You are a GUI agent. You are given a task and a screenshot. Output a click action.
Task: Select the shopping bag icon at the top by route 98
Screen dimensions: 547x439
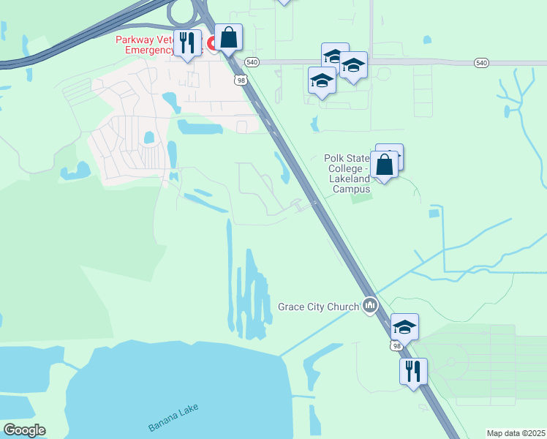coord(228,37)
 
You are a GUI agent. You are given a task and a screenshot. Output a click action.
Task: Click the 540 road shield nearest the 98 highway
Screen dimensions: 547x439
coord(252,62)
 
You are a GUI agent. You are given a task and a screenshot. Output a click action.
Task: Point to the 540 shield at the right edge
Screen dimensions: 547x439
coord(480,64)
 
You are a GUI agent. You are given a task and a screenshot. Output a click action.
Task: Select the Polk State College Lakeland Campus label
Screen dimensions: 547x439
coord(347,173)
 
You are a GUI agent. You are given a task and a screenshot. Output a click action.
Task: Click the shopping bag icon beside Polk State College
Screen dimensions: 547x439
coord(385,165)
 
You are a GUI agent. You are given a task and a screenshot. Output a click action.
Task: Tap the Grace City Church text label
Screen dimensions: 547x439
coord(318,306)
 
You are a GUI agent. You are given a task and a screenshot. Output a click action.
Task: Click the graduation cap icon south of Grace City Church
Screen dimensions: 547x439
coord(404,326)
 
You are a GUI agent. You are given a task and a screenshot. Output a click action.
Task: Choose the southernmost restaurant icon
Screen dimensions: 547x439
coord(413,370)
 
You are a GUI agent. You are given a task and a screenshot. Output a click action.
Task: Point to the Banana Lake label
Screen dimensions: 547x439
coord(173,417)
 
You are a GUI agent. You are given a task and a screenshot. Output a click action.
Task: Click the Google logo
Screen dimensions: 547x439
coord(23,430)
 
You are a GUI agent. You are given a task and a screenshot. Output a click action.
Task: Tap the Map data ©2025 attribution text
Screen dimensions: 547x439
coord(515,433)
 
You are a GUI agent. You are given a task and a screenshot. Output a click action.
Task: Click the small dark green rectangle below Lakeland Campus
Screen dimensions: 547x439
coord(357,198)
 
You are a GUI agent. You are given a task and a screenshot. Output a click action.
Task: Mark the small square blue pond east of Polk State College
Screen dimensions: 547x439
coord(434,214)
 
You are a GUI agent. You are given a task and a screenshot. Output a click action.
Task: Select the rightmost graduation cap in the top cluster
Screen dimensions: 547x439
coord(354,66)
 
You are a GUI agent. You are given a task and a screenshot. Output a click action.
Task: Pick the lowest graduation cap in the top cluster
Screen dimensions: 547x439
coord(322,80)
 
